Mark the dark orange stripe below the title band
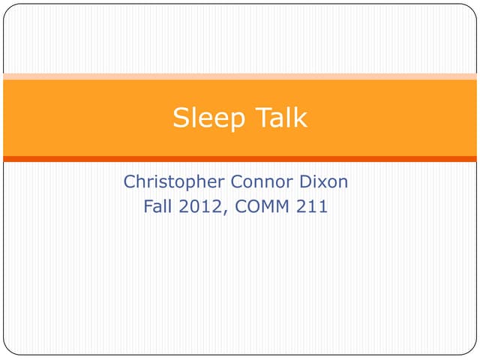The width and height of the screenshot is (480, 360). tap(240, 159)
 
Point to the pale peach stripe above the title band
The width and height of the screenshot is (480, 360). tap(240, 76)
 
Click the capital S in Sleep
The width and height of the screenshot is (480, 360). tap(180, 118)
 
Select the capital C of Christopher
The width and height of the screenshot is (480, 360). tap(129, 182)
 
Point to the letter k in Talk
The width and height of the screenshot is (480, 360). tap(301, 118)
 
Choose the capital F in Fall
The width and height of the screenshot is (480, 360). tap(147, 206)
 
